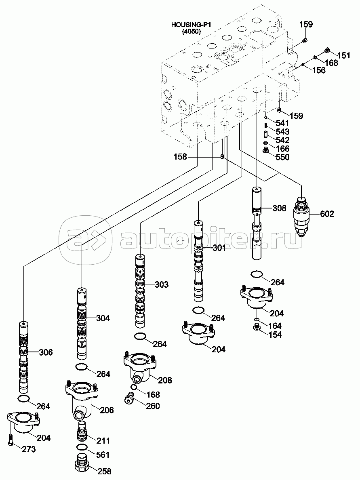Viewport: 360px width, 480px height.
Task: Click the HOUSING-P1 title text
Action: (191, 25)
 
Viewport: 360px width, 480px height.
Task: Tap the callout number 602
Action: (327, 214)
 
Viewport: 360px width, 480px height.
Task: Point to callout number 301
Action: (219, 248)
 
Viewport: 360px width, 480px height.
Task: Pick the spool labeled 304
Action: (82, 323)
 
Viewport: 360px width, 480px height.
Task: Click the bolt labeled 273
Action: (11, 439)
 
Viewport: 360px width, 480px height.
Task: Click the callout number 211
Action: (103, 440)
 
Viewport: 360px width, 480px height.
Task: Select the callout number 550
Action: (282, 158)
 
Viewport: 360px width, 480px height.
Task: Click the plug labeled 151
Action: (328, 51)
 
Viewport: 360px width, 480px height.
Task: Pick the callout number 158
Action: (180, 157)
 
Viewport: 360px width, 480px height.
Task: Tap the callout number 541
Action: (282, 123)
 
